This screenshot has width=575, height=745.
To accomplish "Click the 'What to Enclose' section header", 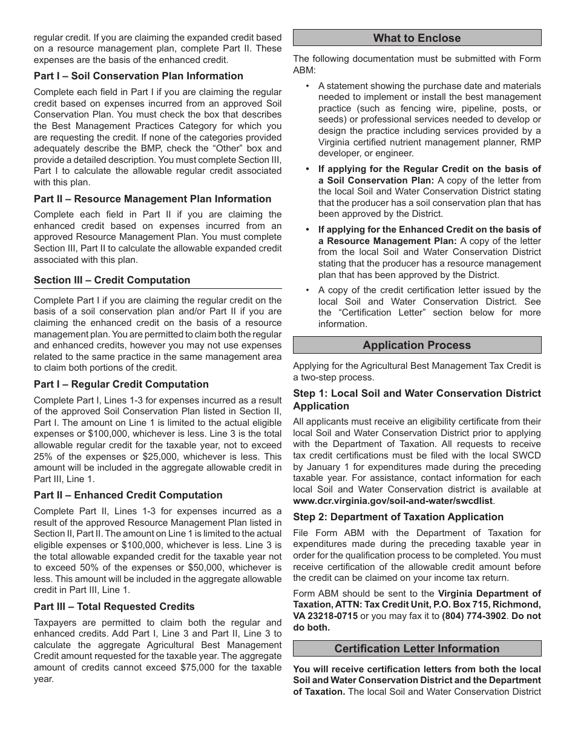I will (416, 38).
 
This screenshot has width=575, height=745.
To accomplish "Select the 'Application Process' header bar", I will (416, 345).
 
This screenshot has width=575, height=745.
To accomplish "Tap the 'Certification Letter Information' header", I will (416, 649).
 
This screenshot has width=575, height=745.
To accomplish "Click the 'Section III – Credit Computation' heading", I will (112, 280).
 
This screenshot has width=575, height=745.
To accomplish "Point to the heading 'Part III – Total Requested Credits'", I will (114, 607).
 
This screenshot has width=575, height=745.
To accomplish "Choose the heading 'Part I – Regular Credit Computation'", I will (121, 385).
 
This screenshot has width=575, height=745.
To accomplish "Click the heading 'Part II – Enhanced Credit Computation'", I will (128, 495).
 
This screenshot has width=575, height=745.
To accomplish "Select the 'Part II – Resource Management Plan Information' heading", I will (153, 199).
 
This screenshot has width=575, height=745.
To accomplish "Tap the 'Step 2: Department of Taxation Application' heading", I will (398, 517).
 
